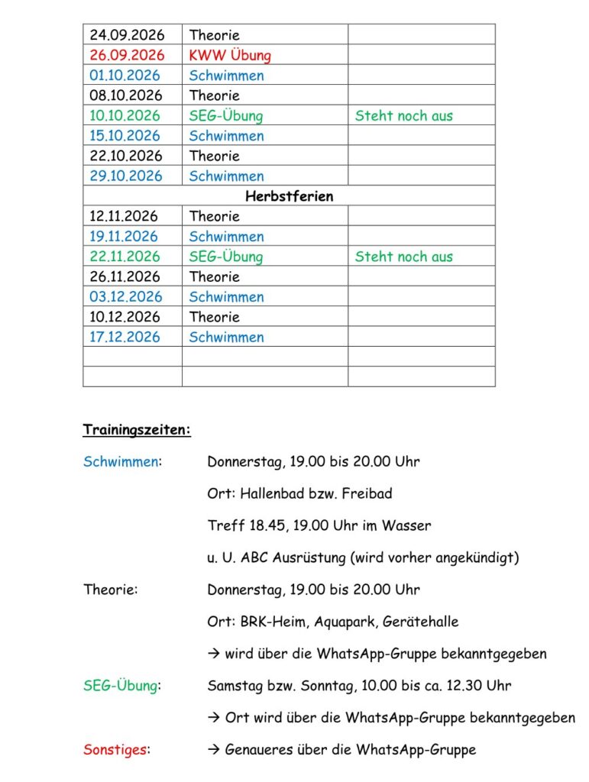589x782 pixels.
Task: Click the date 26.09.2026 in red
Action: click(x=126, y=55)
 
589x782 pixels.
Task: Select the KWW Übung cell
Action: click(x=230, y=55)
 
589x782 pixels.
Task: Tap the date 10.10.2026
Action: click(x=126, y=115)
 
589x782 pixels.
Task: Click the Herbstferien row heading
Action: click(x=289, y=196)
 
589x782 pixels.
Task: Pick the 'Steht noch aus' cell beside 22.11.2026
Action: click(x=403, y=257)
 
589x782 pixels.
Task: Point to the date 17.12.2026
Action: click(x=126, y=337)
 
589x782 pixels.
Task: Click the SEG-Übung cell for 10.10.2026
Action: click(x=226, y=115)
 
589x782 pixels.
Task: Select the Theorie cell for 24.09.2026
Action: click(x=215, y=35)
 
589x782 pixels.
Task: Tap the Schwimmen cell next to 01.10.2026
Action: click(x=227, y=76)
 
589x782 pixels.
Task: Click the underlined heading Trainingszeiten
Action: click(x=137, y=430)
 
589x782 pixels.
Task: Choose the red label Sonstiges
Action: click(x=115, y=749)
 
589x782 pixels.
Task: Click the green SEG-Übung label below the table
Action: click(x=121, y=686)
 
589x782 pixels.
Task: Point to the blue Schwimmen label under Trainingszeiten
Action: click(x=121, y=461)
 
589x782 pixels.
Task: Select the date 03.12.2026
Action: click(x=126, y=297)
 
